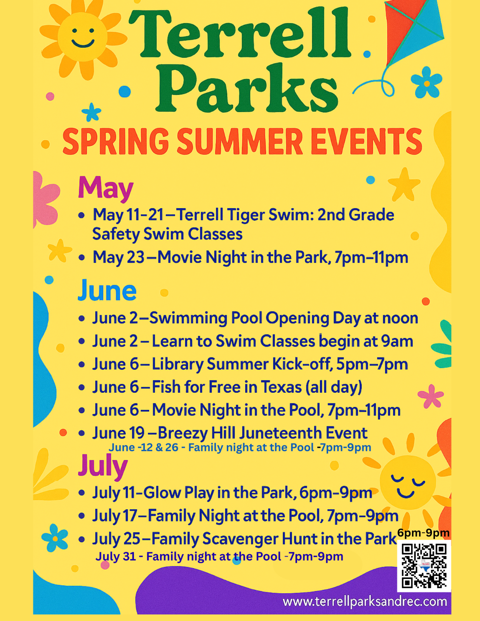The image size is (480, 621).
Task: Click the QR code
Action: (x=424, y=566)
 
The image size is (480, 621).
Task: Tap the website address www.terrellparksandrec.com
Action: (x=365, y=602)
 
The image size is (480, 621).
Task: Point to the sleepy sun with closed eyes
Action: (x=408, y=483)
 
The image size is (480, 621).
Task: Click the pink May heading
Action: (x=106, y=188)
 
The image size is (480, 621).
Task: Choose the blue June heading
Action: (x=107, y=290)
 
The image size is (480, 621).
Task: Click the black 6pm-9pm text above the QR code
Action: (x=423, y=533)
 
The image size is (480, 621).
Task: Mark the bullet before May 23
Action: (x=82, y=258)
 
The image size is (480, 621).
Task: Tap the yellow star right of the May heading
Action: (x=404, y=185)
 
